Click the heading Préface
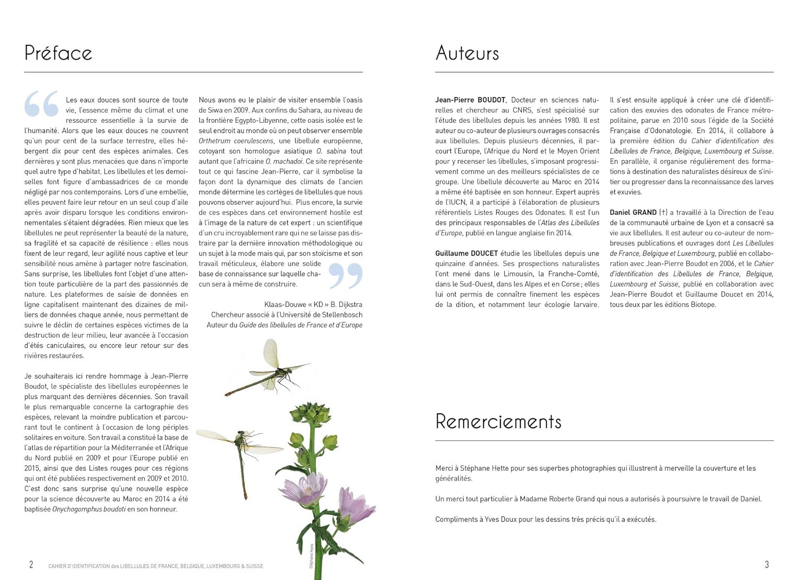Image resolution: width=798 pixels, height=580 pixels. coord(58,53)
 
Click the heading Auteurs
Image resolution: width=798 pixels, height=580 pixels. coord(467,53)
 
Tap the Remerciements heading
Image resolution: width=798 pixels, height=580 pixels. coord(498,422)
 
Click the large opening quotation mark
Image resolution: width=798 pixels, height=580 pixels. coord(41,104)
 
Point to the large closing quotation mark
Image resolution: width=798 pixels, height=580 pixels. coord(345,275)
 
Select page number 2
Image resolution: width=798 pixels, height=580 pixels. coord(31,565)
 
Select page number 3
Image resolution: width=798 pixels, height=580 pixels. coord(767,565)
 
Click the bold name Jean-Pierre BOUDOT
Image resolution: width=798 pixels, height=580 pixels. coord(470,100)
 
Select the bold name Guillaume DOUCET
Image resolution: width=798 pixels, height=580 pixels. coord(467,254)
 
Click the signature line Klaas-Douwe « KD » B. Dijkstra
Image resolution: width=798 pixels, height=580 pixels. coord(313,305)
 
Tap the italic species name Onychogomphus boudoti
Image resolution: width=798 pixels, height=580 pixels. coord(89,509)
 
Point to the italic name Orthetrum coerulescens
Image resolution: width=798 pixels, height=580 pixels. coord(236,141)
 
